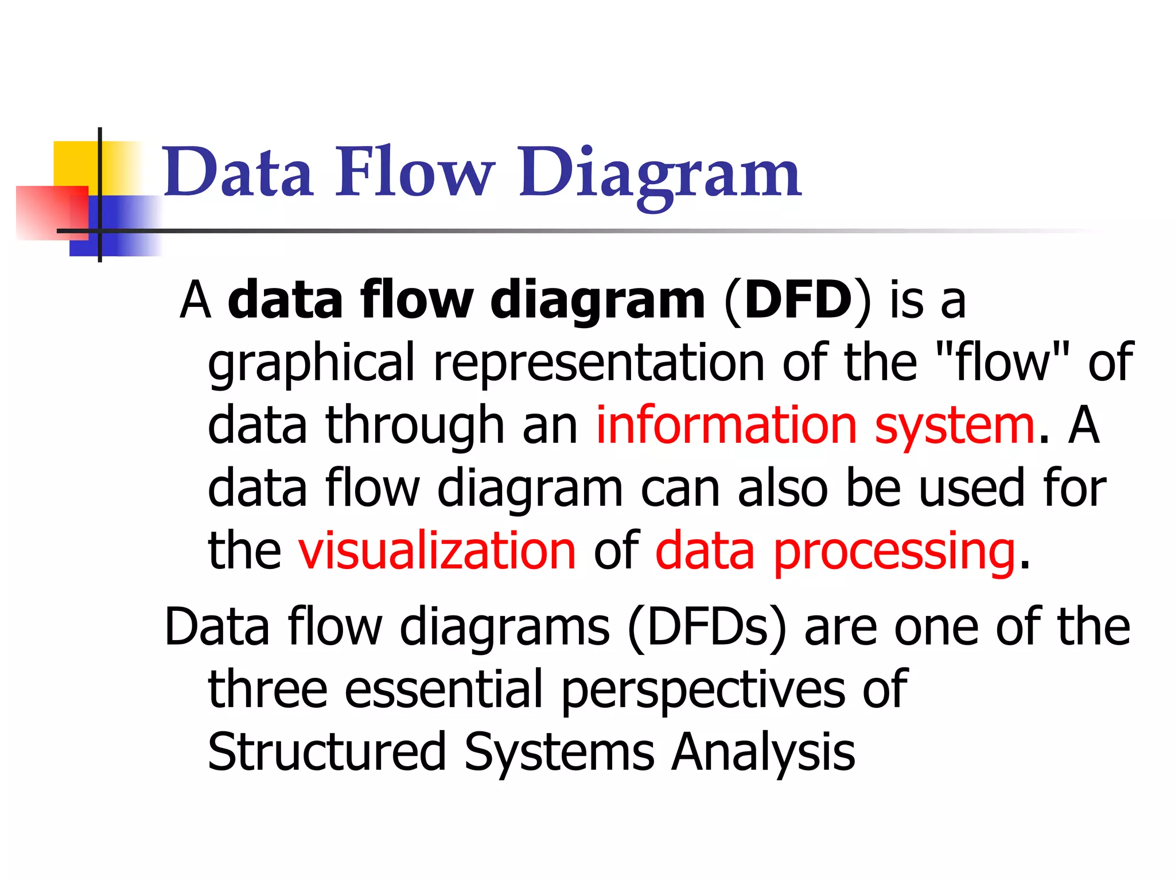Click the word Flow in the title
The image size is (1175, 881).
tap(414, 172)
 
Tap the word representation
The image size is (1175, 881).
tap(599, 362)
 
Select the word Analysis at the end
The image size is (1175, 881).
tap(763, 753)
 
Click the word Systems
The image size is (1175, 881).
tap(559, 753)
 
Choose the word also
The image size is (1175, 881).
tap(783, 488)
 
